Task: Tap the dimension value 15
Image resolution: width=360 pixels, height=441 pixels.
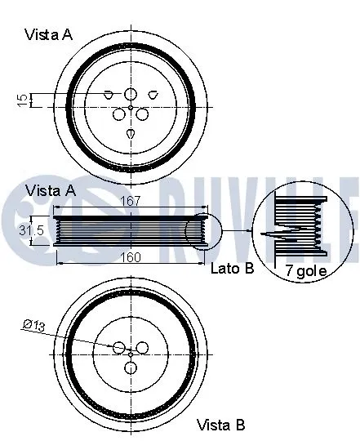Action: [22, 100]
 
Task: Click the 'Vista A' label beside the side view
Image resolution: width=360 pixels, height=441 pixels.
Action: [50, 189]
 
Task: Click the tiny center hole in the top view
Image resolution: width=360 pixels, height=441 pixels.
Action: [131, 106]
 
